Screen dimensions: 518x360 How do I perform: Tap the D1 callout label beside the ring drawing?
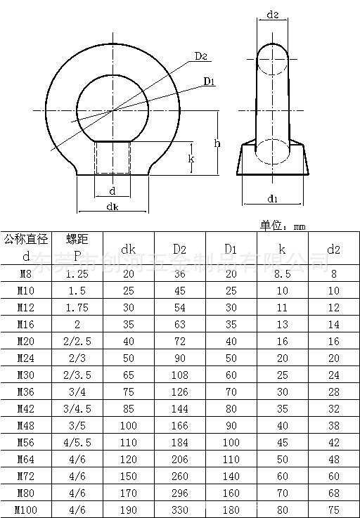click(x=209, y=83)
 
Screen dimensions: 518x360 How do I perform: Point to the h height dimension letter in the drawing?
click(x=218, y=143)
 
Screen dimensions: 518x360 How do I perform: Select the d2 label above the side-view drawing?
click(x=274, y=15)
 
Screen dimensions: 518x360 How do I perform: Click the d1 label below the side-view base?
click(x=274, y=198)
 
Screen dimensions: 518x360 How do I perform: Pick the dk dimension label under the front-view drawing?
click(x=112, y=206)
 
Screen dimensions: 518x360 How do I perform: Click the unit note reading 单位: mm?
click(x=283, y=225)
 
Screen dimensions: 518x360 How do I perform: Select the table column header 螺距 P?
click(x=77, y=247)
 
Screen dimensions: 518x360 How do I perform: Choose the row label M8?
click(x=26, y=274)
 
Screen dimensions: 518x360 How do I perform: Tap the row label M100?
click(x=26, y=509)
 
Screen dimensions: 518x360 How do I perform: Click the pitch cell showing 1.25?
click(x=77, y=274)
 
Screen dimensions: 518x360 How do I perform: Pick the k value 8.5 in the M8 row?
click(x=282, y=274)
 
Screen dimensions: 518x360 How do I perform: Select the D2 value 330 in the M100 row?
click(x=179, y=509)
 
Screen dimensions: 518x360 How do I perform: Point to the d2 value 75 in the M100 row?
click(x=333, y=509)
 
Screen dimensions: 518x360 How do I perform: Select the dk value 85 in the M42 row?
click(x=128, y=408)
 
